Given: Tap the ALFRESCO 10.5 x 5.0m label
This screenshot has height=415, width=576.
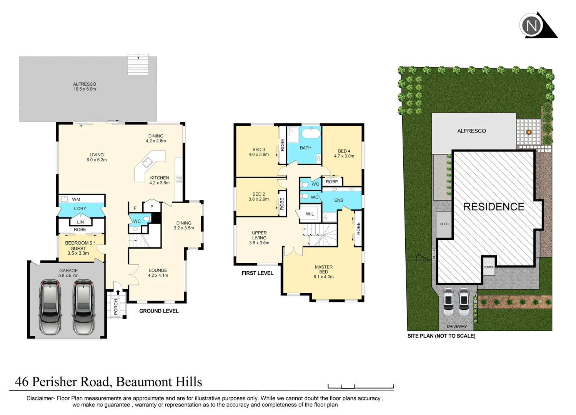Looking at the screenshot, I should pos(85,86).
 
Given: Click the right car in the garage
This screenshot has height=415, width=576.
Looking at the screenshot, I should pos(83,307).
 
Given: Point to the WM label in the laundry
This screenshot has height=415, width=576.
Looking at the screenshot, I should pos(76,199).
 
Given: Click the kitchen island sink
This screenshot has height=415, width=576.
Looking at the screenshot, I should pos(147,163).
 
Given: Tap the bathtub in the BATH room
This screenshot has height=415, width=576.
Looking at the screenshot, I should pos(311,134).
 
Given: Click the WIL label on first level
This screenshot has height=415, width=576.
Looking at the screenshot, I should pos(310,214).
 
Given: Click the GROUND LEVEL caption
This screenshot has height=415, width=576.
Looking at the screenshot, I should pos(159,311).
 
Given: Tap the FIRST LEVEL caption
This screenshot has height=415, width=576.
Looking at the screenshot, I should pos(257,273).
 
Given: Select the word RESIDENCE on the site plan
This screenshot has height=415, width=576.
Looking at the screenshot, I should pos(494,207).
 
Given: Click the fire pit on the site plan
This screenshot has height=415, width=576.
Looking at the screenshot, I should pos(529,132).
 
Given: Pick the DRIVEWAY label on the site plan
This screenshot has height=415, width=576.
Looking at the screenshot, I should pos(456,327).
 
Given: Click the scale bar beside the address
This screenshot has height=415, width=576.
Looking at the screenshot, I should pos(360,386).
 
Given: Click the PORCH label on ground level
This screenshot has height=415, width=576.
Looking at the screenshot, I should pos(116,307).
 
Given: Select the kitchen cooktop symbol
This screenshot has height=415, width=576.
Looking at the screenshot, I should pos(179,179).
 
